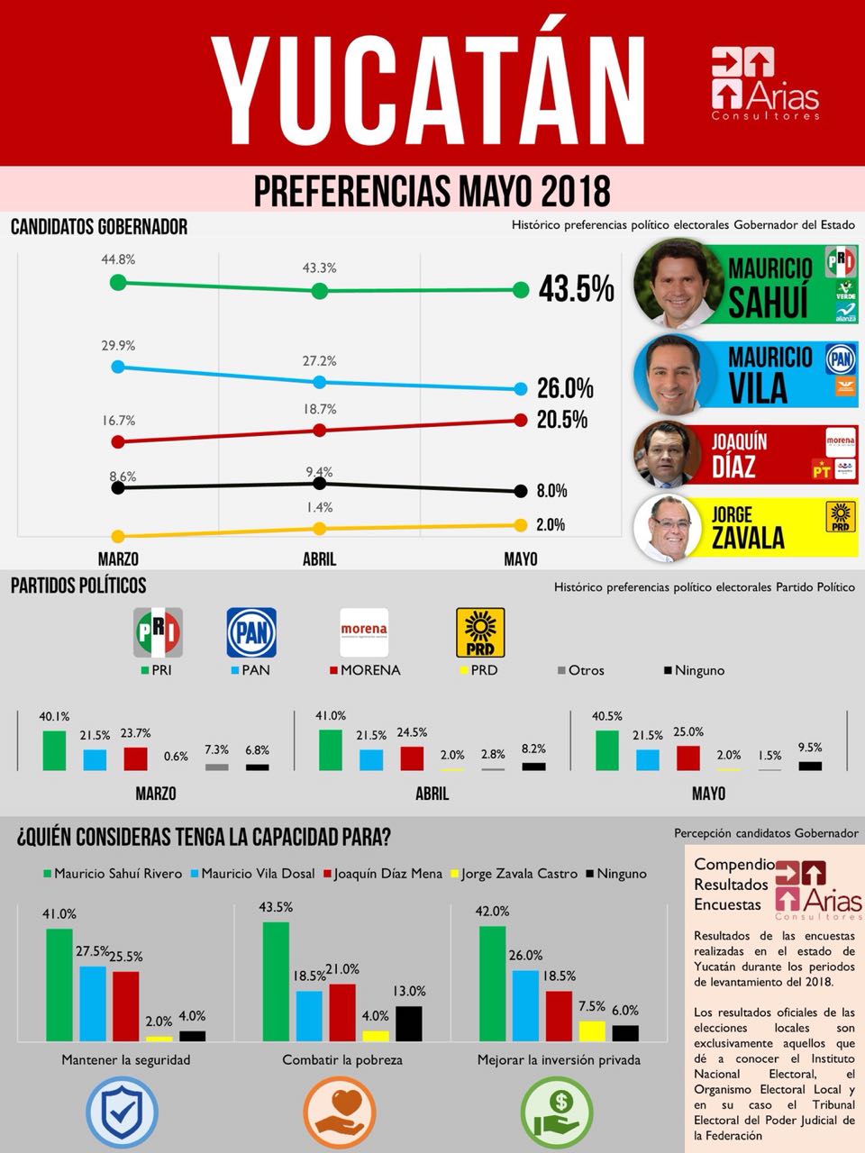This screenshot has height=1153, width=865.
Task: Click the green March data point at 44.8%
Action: coord(117,283)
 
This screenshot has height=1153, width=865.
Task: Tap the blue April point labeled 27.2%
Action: coord(319,382)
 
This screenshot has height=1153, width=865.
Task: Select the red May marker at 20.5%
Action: coord(520,420)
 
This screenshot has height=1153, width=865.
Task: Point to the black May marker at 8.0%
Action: coord(520,491)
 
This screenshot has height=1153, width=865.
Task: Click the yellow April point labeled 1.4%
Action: coord(319,528)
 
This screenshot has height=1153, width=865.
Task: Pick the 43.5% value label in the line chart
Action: coord(576,289)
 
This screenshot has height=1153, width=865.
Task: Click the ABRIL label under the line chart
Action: coord(319,559)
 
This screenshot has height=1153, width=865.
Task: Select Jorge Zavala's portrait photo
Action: coord(669,529)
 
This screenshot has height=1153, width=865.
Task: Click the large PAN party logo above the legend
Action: coord(251,632)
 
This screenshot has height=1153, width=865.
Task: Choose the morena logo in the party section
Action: coord(364,632)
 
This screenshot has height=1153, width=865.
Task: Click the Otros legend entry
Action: coord(581,670)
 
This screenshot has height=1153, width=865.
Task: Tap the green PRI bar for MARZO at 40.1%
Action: coord(54,750)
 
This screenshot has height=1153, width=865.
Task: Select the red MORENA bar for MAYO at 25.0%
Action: coord(687,758)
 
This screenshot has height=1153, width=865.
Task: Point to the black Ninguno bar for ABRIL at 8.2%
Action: coord(533,767)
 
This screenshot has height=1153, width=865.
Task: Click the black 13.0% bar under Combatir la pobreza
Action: coord(408,1023)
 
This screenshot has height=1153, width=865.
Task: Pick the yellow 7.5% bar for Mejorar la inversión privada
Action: coord(592,1031)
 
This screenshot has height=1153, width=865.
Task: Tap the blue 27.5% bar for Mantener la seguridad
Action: coord(93,1003)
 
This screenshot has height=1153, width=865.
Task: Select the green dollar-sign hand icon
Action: coord(557,1113)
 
